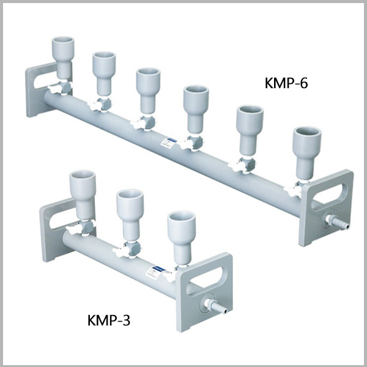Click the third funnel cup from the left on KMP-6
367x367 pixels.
(x=147, y=82)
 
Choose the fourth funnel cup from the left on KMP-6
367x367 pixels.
(x=196, y=100)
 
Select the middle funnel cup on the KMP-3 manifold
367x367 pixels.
(x=129, y=204)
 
